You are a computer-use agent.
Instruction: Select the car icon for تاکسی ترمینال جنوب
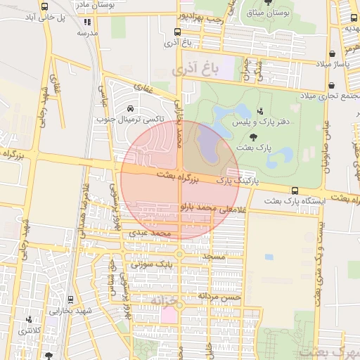[x=131, y=108]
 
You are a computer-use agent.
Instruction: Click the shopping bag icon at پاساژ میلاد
[x=331, y=54]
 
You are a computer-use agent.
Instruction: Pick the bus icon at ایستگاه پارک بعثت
[x=294, y=191]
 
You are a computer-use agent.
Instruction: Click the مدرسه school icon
[x=87, y=22]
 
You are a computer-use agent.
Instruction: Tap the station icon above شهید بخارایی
[x=29, y=319]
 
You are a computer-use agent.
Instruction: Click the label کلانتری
[x=30, y=330]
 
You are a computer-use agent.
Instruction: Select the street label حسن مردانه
[x=220, y=297]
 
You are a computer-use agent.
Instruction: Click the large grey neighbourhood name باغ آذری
[x=201, y=69]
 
